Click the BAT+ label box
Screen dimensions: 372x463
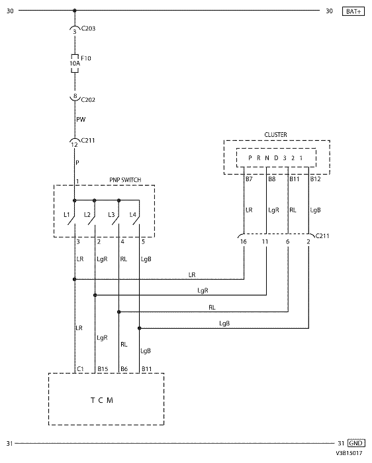coord(353,11)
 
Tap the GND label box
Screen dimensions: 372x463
coord(355,443)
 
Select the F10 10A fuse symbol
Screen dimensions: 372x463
coord(75,63)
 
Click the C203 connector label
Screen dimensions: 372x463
coord(88,28)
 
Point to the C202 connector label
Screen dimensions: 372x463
coord(88,100)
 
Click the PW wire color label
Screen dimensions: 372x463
coord(81,120)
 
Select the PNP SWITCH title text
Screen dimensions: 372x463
coord(125,180)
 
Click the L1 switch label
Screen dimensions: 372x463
coord(67,215)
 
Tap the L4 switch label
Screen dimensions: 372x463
coord(133,215)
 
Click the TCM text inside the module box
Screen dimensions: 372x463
coord(102,400)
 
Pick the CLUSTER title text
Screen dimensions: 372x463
coord(275,135)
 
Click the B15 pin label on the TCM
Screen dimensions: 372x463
coord(103,369)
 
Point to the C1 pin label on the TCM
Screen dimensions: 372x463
coord(80,369)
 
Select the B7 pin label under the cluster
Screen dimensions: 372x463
coord(249,179)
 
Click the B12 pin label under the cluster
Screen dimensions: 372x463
coord(315,179)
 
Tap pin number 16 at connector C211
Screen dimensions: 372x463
coord(243,242)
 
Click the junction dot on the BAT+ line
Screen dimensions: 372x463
coord(75,11)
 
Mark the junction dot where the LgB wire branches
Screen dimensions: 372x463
coord(140,328)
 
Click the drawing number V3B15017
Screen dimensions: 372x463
coord(349,453)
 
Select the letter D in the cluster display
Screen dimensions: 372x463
coord(276,158)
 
